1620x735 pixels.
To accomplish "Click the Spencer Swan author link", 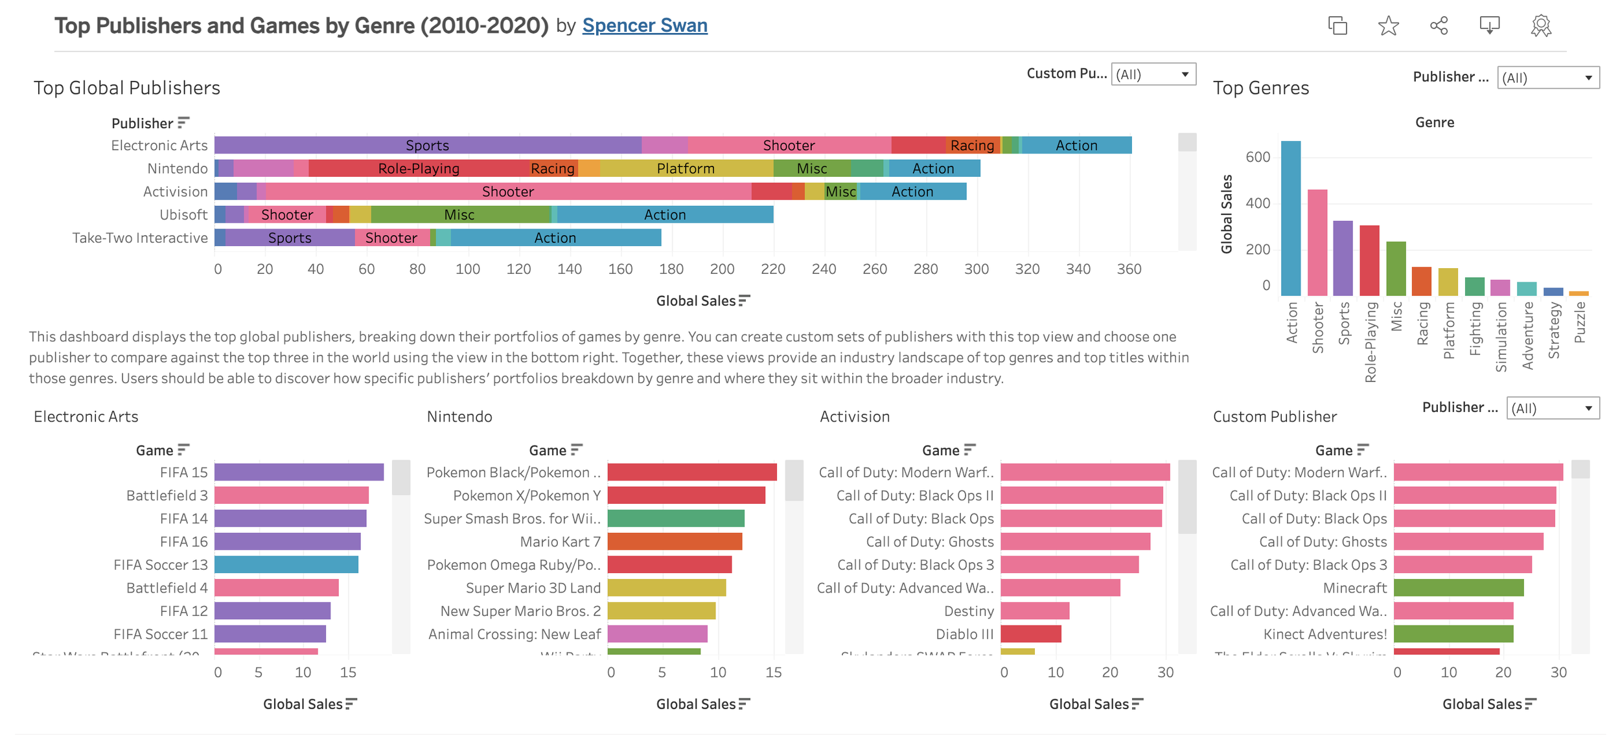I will tap(644, 25).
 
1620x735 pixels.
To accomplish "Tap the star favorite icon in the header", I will tap(1388, 26).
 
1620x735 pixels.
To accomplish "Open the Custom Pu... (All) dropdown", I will tap(1153, 74).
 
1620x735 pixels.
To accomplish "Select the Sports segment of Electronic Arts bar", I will tap(427, 145).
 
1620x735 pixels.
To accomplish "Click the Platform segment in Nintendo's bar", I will tap(686, 168).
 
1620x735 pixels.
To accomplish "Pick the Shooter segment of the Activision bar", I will tap(508, 192).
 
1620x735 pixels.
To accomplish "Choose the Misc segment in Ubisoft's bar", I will tap(459, 214).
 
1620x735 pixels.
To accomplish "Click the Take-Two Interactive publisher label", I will tap(140, 238).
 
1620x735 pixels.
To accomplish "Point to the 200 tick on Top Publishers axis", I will tap(722, 269).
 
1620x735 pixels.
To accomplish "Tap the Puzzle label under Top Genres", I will tap(1580, 322).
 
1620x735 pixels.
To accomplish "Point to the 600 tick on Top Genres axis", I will tap(1257, 157).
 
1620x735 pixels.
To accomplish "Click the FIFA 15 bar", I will tap(299, 472).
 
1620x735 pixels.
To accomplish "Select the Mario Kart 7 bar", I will tap(675, 541).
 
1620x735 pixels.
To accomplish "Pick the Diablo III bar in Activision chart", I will tap(1030, 634).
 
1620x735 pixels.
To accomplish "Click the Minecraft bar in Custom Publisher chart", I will tap(1458, 588).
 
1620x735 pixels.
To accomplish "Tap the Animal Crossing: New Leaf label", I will tap(515, 634).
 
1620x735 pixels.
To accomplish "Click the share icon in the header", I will tap(1439, 26).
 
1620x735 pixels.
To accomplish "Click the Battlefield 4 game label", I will tap(167, 588).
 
